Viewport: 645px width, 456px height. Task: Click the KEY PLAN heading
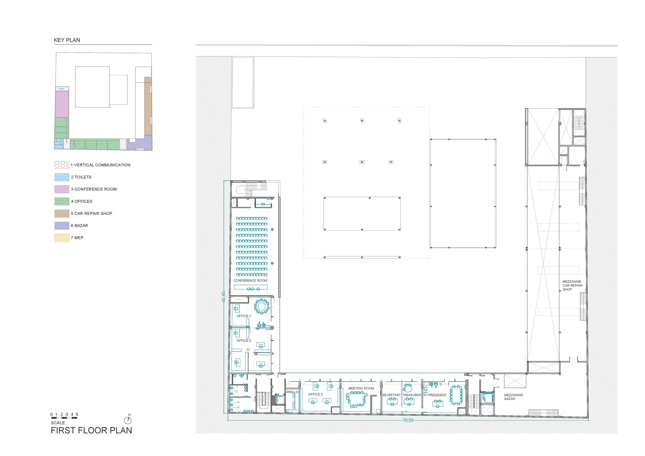coord(67,40)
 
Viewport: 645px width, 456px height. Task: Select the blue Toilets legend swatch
coord(62,177)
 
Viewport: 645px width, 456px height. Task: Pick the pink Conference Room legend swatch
coord(62,189)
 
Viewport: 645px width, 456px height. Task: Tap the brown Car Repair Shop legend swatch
coord(62,213)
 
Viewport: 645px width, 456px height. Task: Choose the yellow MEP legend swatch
coord(62,237)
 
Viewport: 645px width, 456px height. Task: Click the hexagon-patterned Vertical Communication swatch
coord(62,165)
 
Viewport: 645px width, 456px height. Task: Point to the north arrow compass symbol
coord(128,420)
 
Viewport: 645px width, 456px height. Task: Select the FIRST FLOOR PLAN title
coord(91,430)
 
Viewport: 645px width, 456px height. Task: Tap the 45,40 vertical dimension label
coord(224,297)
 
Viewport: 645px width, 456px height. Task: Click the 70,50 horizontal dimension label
coord(408,420)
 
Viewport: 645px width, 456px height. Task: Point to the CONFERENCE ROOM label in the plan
coord(250,280)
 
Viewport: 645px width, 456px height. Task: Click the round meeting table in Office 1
coord(262,306)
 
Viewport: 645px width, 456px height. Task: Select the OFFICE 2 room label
coord(244,341)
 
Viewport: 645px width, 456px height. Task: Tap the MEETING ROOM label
coord(361,388)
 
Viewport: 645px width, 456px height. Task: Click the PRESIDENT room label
coord(437,395)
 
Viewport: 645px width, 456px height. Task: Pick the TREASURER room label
coord(411,395)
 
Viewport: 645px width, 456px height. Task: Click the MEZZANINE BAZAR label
coord(514,397)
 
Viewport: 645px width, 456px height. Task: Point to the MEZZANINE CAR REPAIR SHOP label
coord(572,286)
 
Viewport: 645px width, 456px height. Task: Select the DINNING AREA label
coord(292,390)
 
